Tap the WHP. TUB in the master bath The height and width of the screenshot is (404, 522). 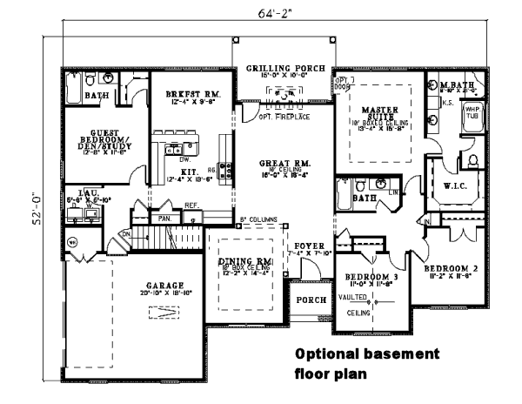[472, 113]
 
